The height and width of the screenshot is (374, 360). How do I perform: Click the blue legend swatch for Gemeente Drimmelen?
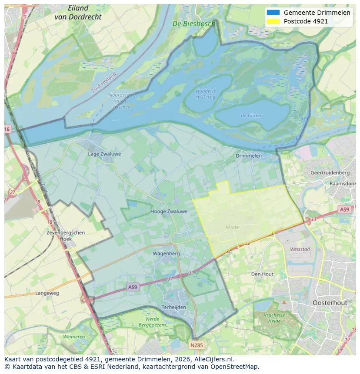pyautogui.click(x=273, y=13)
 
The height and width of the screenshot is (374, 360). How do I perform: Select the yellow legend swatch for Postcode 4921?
pyautogui.click(x=273, y=21)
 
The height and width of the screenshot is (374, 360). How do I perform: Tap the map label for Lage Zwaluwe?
pyautogui.click(x=104, y=154)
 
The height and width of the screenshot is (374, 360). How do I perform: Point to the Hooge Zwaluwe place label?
pyautogui.click(x=169, y=212)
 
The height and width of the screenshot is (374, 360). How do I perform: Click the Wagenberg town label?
pyautogui.click(x=166, y=253)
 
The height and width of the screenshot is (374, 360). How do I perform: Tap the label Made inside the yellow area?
pyautogui.click(x=232, y=227)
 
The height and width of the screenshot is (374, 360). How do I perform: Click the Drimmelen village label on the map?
pyautogui.click(x=249, y=156)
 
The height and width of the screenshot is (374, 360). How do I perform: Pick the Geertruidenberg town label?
pyautogui.click(x=330, y=172)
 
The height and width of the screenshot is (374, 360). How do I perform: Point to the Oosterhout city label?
pyautogui.click(x=330, y=302)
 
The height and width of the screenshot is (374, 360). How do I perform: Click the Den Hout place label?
pyautogui.click(x=262, y=274)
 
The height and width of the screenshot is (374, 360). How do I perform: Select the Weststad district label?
pyautogui.click(x=300, y=249)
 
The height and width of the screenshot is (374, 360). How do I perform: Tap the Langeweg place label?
pyautogui.click(x=47, y=293)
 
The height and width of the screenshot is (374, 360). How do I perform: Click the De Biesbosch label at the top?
pyautogui.click(x=193, y=24)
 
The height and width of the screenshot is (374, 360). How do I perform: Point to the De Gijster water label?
pyautogui.click(x=251, y=116)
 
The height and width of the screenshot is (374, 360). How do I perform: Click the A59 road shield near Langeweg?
pyautogui.click(x=133, y=287)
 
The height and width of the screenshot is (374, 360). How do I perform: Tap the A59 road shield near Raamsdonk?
pyautogui.click(x=344, y=209)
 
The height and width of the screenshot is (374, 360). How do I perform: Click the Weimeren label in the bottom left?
pyautogui.click(x=74, y=337)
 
